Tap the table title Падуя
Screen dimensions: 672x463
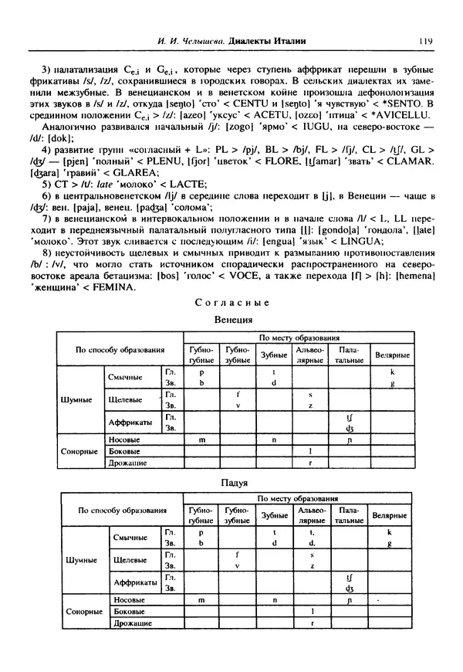pos(234,483)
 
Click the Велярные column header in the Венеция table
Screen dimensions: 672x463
pos(392,355)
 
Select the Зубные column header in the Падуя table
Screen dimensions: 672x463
pos(274,516)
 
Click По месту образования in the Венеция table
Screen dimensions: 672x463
pos(298,338)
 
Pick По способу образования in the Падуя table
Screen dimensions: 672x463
pos(121,511)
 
